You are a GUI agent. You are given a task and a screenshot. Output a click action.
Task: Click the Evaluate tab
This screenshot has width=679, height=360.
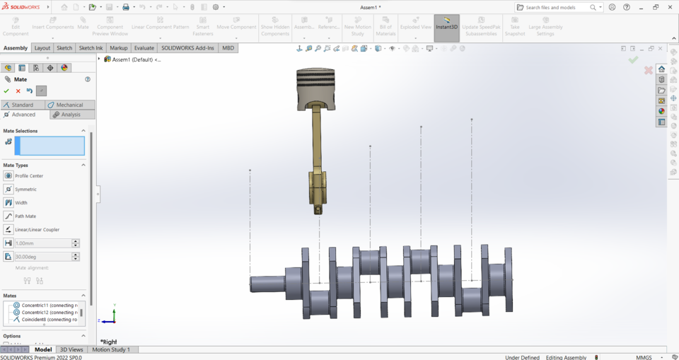144,48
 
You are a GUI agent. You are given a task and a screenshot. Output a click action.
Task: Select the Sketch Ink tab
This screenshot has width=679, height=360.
91,48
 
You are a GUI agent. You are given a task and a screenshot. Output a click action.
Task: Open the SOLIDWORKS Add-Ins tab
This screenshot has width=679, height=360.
187,48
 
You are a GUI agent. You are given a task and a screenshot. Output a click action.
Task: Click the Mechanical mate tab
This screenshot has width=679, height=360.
69,105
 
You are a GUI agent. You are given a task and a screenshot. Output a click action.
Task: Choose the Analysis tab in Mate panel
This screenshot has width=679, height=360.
71,115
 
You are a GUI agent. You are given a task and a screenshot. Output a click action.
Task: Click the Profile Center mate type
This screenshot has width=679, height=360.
28,176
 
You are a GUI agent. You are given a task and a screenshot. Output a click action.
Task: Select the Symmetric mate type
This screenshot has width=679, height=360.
25,190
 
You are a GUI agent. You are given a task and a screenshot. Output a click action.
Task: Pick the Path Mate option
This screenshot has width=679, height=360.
25,216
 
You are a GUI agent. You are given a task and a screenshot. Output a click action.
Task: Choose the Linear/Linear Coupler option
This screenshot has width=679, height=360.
37,230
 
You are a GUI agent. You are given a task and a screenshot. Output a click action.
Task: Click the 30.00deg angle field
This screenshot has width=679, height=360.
42,257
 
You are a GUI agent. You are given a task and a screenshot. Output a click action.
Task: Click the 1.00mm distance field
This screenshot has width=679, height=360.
42,243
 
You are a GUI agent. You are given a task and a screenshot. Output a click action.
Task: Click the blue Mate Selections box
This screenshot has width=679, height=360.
50,146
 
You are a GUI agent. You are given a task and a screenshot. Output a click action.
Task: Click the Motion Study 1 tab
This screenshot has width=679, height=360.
110,349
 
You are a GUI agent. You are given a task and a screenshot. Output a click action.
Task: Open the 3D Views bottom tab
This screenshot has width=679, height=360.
71,349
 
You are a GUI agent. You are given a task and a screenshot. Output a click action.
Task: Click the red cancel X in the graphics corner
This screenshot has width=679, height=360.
648,70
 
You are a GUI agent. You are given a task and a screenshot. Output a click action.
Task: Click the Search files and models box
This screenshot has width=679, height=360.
557,7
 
